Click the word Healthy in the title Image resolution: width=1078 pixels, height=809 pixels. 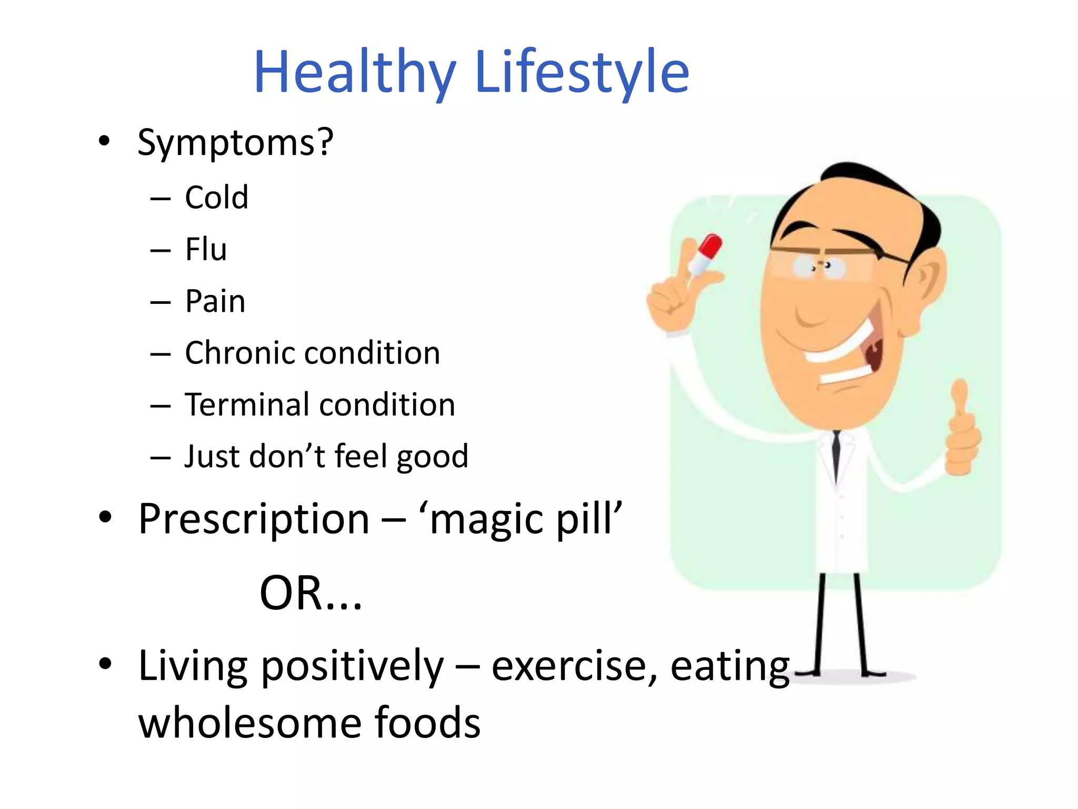(x=354, y=73)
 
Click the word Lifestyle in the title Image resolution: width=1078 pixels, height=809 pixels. (x=582, y=73)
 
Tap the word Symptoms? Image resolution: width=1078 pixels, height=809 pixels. (x=235, y=142)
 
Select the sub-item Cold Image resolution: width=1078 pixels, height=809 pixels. (x=216, y=198)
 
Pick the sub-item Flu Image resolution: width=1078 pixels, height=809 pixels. (x=206, y=249)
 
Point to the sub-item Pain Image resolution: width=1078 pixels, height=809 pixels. (x=215, y=301)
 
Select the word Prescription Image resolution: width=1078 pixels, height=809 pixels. (x=254, y=519)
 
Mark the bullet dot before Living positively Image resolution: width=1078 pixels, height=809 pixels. (x=105, y=664)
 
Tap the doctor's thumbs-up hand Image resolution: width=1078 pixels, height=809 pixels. (x=962, y=432)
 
